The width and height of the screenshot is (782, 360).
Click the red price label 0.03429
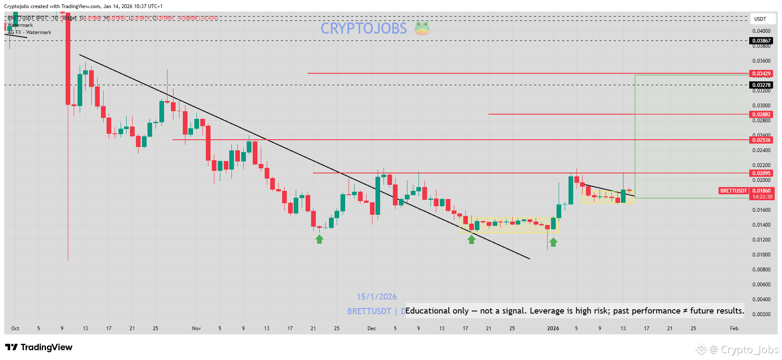[761, 74]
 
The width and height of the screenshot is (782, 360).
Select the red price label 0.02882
[761, 115]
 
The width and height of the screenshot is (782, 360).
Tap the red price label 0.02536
[761, 140]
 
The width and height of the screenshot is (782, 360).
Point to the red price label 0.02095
[761, 173]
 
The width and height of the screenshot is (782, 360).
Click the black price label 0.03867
[761, 41]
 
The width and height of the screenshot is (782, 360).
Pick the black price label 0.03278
[761, 85]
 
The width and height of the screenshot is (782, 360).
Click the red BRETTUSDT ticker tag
[733, 191]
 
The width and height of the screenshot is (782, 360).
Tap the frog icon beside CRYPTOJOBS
[422, 28]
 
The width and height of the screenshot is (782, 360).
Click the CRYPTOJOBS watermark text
[364, 29]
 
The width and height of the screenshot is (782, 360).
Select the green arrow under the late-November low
[319, 239]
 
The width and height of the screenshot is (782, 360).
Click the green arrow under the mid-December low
[471, 240]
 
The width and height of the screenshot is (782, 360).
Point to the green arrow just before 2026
[553, 242]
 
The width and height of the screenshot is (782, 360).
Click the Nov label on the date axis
[196, 328]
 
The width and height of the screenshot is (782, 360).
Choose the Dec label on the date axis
[372, 328]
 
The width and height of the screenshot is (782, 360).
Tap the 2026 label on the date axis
[553, 328]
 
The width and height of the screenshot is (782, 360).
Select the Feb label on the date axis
[734, 328]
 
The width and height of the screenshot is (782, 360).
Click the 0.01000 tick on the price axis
[761, 255]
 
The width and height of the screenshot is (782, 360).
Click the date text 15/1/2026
[377, 297]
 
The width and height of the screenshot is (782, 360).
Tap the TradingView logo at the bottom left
[39, 347]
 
